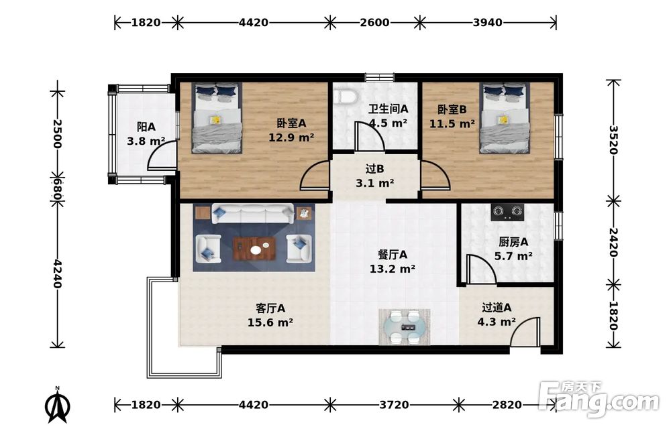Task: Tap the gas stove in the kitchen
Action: [x=507, y=212]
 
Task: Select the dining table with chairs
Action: [x=405, y=327]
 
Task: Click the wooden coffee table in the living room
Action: [x=254, y=248]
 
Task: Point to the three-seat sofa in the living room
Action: [x=254, y=213]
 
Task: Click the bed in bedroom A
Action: [x=217, y=117]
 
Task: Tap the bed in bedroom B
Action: [x=505, y=117]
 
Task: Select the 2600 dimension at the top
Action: [x=374, y=22]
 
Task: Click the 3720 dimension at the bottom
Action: [x=394, y=404]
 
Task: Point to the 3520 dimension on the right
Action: [x=613, y=140]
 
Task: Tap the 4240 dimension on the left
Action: [x=57, y=273]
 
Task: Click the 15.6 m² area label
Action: [x=270, y=322]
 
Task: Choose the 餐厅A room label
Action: [x=393, y=255]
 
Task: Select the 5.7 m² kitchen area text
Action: [x=513, y=256]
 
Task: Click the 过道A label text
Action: [x=497, y=307]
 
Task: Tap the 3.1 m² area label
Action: [x=375, y=184]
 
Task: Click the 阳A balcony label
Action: [x=146, y=127]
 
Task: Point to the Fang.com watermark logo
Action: [x=599, y=398]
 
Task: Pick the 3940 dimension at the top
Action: [x=487, y=22]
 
